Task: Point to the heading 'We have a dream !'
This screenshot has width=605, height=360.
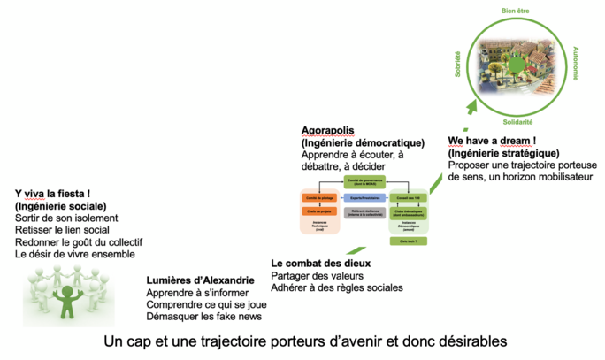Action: [492, 141]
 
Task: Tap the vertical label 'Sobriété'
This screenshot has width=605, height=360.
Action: [458, 63]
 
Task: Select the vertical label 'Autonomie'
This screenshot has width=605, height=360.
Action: [576, 63]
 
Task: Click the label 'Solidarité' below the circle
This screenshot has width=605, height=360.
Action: [517, 121]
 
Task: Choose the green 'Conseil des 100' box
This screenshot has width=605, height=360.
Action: [410, 197]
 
